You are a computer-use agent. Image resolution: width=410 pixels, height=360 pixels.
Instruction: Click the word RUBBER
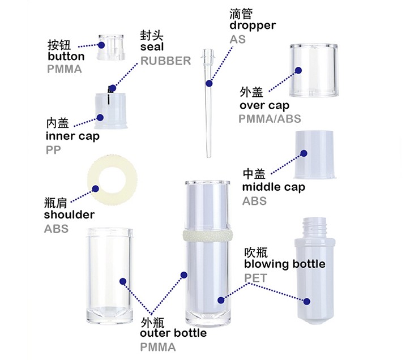(x=165, y=61)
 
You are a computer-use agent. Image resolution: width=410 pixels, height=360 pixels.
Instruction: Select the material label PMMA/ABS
(x=270, y=119)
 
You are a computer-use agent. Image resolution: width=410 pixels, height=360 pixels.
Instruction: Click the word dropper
(x=253, y=25)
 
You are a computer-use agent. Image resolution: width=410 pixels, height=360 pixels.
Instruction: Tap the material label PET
(x=255, y=277)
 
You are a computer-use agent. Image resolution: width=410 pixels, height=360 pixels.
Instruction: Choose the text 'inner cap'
(x=72, y=136)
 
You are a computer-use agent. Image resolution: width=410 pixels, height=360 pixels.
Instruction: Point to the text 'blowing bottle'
(x=284, y=264)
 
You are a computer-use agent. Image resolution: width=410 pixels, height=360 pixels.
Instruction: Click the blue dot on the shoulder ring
(x=95, y=188)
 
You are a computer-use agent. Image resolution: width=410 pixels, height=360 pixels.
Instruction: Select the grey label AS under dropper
(x=238, y=40)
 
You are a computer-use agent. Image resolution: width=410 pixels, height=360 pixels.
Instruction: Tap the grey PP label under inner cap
(x=53, y=151)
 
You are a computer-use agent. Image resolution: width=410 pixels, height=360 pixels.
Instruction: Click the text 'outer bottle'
(x=173, y=333)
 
